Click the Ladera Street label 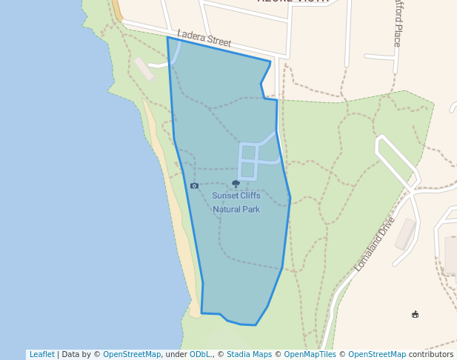point(204,39)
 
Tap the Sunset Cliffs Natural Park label point(236,202)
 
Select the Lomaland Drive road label point(375,244)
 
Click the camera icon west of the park point(194,186)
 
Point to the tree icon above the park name point(236,184)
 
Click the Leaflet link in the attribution point(41,355)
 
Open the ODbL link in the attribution point(200,355)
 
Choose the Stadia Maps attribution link point(249,355)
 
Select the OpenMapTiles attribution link point(310,355)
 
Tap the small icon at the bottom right point(415,315)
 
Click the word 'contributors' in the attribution point(430,355)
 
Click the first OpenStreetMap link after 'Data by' point(132,355)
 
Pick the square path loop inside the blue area point(248,161)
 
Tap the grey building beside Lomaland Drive point(405,234)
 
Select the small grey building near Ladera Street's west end point(144,68)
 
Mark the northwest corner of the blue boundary point(167,37)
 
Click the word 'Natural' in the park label point(225,210)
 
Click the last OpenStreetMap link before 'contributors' point(377,355)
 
